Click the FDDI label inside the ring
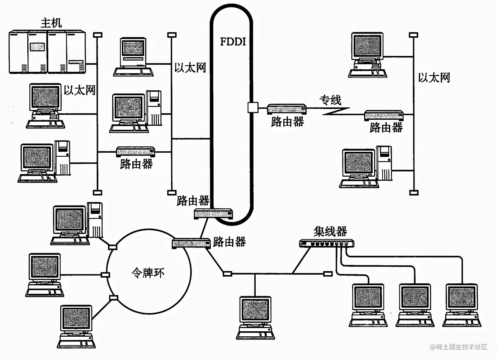(233, 42)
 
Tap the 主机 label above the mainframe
(51, 23)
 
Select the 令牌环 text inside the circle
(148, 273)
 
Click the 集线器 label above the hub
(330, 231)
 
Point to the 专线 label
(330, 100)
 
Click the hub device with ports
(326, 243)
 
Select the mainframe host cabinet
(47, 52)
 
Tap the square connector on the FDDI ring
(252, 107)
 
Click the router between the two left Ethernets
(136, 152)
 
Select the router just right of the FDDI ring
(287, 109)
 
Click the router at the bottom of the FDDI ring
(213, 214)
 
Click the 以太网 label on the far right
(434, 77)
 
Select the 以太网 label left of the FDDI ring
(190, 67)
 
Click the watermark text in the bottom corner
(459, 347)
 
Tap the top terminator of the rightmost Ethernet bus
(413, 35)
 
